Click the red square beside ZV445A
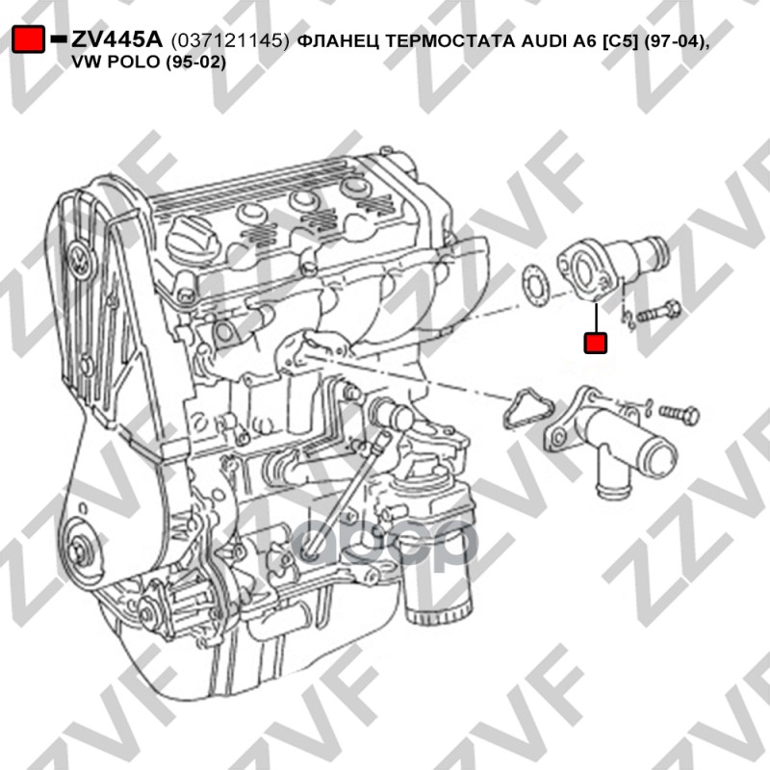tap(28, 38)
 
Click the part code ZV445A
tap(116, 39)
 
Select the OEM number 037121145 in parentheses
tap(230, 41)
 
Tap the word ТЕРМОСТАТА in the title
tap(449, 41)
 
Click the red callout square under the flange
tap(595, 343)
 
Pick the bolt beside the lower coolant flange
tap(680, 415)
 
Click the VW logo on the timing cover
tap(80, 261)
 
